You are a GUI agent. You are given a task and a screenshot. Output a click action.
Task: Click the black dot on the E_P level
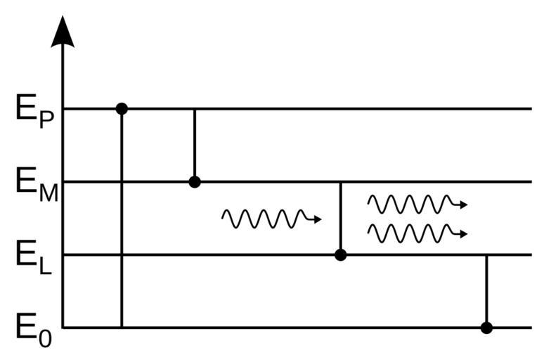pos(122,108)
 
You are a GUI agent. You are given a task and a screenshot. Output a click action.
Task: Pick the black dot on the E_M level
pos(195,182)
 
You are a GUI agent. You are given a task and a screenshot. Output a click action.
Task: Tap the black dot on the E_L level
pos(341,255)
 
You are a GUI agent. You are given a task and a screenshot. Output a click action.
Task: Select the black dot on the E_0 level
pos(486,328)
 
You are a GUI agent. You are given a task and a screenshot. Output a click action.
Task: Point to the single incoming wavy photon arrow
pos(271,219)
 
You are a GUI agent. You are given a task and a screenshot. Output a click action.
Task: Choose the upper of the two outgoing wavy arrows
pos(417,204)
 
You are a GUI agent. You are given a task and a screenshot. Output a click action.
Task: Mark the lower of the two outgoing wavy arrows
pos(417,233)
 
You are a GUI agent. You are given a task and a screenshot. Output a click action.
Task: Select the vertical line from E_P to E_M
pos(195,144)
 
